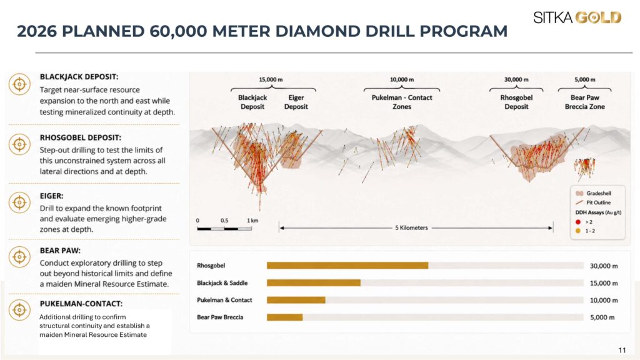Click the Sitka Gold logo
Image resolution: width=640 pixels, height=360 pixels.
coord(577,17)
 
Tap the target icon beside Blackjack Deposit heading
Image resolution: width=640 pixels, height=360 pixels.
coord(19,84)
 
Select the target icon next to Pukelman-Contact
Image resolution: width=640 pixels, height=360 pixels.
coord(19,310)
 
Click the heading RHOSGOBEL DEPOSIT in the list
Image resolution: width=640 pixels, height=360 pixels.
coord(81,137)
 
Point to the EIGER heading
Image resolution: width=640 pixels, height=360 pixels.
coord(51,196)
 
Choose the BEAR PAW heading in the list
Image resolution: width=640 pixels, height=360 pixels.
coord(60,251)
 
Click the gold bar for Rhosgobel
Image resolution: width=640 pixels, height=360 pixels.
coord(347,266)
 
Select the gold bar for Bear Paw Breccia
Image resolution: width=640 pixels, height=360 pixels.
coord(285,317)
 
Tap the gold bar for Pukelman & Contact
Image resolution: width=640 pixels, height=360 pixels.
coord(296,300)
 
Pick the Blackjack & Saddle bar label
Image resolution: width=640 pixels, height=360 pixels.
coord(222,283)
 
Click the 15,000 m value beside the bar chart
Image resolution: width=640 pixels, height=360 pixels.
coord(604,283)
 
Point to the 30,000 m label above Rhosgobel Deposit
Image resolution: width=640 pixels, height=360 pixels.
coord(516,79)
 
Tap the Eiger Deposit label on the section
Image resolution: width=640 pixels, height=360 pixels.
coord(296,102)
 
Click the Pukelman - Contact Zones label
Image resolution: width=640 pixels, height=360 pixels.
coord(402,102)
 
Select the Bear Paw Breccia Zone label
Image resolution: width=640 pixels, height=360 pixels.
coord(584,102)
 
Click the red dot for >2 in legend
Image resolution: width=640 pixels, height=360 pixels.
coord(578,222)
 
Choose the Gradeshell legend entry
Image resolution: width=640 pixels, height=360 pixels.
coord(593,194)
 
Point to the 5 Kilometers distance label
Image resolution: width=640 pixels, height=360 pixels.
coord(411,227)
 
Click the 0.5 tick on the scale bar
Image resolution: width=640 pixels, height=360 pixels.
coord(224,221)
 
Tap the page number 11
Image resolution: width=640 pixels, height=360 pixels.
coord(622,350)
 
